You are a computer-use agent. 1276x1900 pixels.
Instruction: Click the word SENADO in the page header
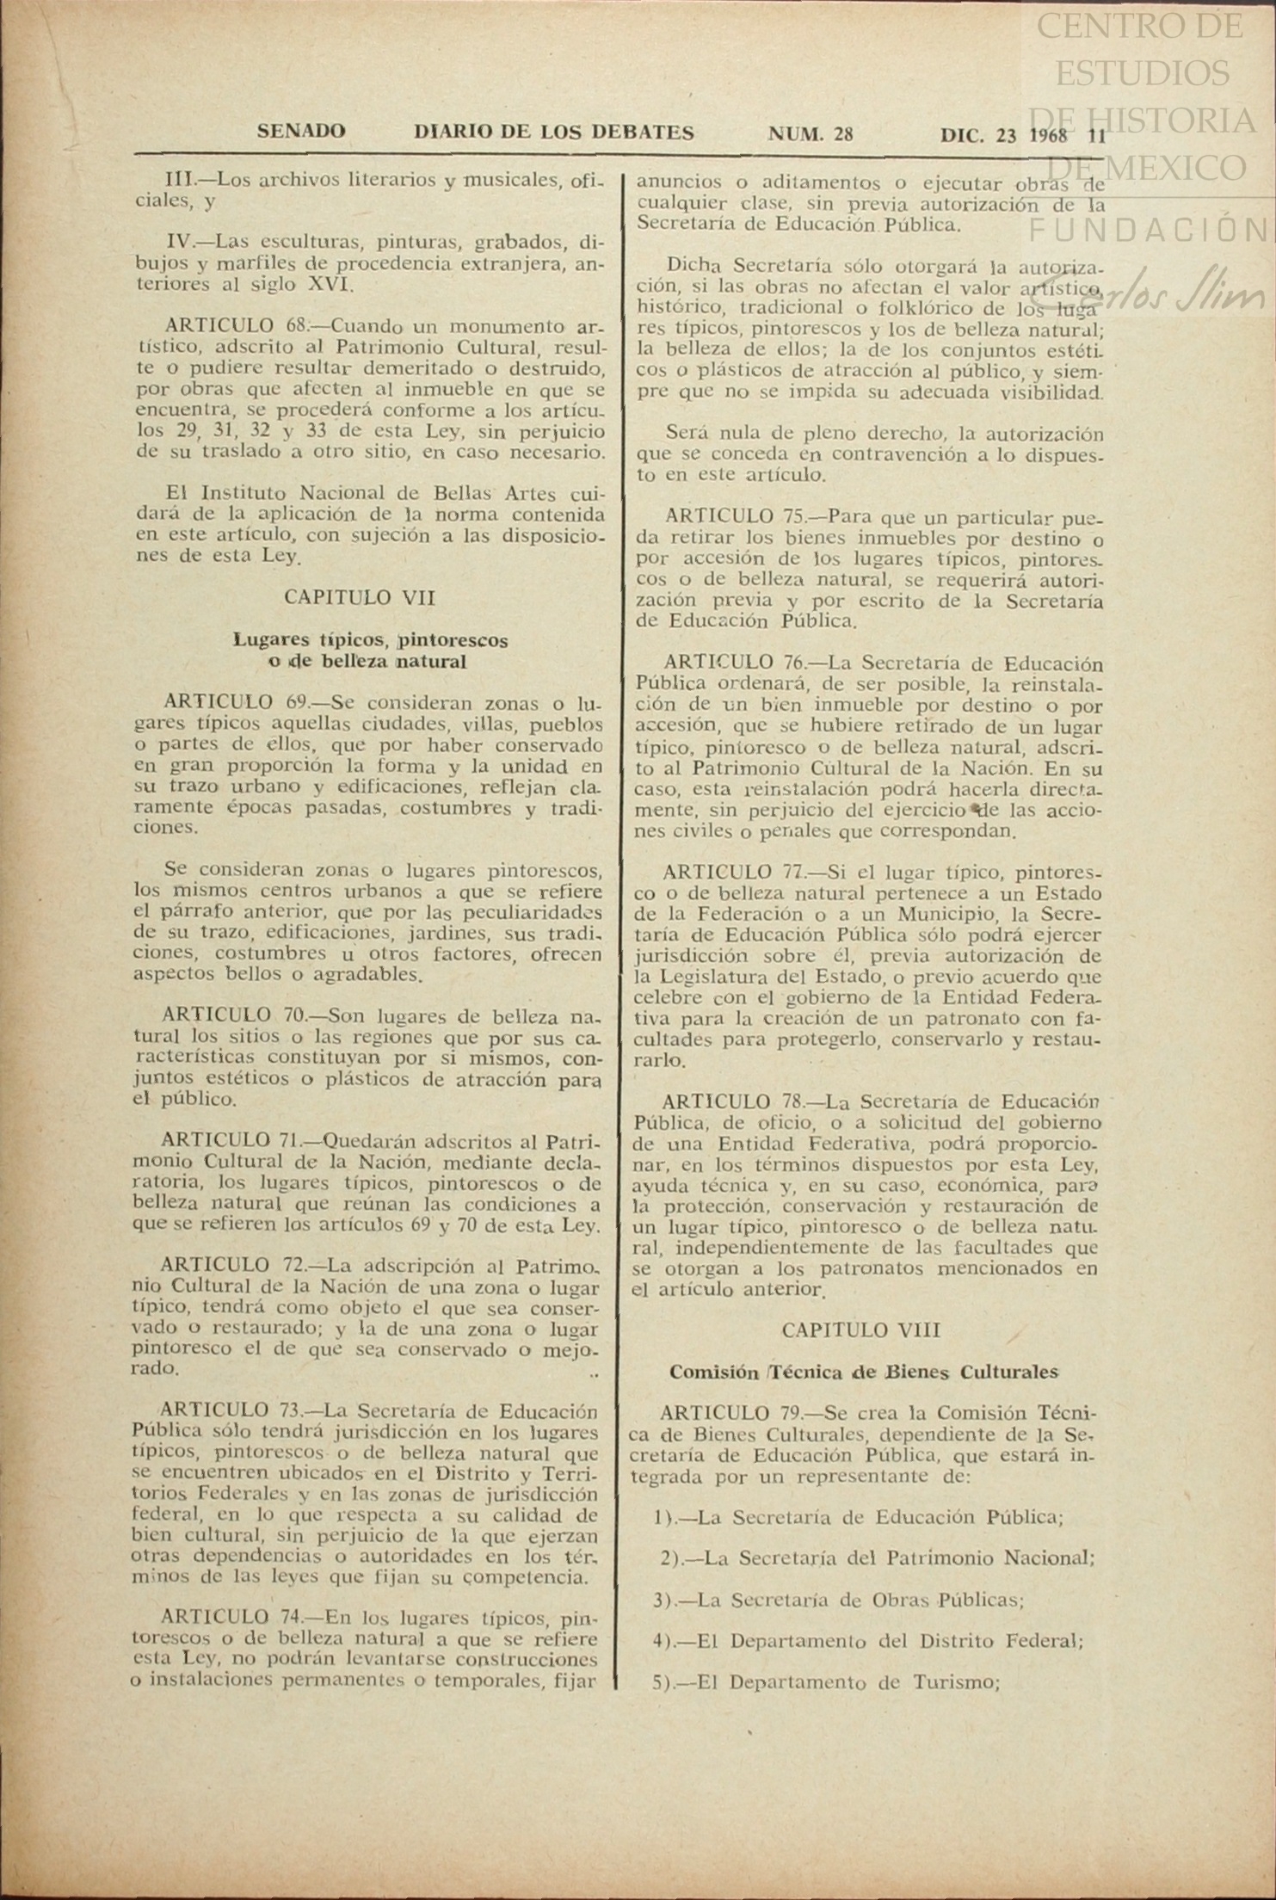coord(301,133)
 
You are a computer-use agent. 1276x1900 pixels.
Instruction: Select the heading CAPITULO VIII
coord(861,1329)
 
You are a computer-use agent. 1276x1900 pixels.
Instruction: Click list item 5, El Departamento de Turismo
coord(825,1683)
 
